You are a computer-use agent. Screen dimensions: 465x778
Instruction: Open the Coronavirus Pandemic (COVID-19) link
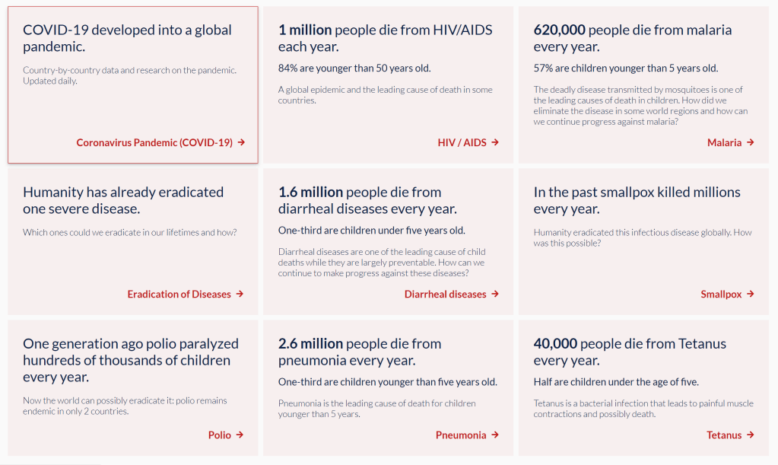click(154, 142)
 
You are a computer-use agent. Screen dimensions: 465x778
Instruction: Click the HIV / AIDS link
click(462, 142)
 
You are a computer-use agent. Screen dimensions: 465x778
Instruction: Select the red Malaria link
click(724, 142)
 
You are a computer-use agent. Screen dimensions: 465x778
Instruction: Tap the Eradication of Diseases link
click(179, 294)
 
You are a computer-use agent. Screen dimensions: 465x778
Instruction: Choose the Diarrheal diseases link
click(445, 294)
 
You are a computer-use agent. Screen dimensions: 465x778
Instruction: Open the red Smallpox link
click(721, 294)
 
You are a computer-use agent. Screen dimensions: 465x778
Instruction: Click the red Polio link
click(219, 435)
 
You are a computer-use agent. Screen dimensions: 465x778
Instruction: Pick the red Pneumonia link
click(461, 435)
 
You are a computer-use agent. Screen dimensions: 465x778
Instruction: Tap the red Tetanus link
click(724, 435)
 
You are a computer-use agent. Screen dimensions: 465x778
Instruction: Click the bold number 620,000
click(559, 30)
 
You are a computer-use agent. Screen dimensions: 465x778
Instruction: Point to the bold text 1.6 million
click(310, 193)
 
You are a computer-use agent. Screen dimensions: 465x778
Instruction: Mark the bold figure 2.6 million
click(310, 344)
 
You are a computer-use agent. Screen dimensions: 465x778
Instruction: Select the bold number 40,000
click(555, 344)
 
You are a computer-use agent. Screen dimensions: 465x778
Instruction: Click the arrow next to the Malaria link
click(751, 142)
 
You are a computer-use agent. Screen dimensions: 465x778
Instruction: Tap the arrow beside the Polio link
click(240, 435)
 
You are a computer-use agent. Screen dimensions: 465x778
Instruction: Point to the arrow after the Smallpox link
click(751, 294)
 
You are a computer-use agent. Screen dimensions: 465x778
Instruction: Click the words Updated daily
click(50, 81)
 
